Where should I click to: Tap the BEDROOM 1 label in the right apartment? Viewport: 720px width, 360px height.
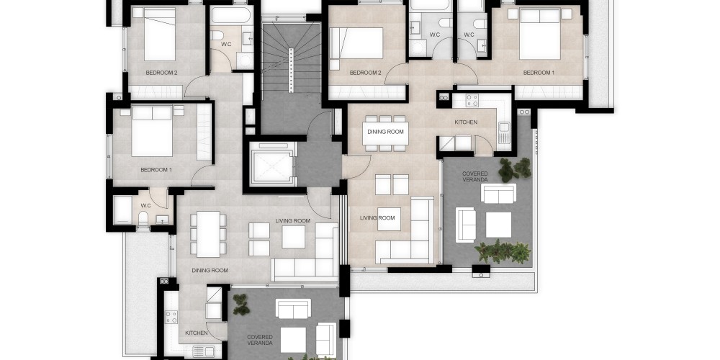(539, 73)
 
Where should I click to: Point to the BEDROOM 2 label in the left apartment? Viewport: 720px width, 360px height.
(161, 73)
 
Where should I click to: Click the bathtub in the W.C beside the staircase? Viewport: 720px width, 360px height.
(231, 14)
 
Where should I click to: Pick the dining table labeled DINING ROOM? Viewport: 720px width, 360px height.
(385, 131)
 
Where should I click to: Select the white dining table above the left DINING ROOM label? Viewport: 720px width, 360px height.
(208, 234)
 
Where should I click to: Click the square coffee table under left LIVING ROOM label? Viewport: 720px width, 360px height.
(294, 237)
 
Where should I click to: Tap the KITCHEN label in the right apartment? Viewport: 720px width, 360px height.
(466, 122)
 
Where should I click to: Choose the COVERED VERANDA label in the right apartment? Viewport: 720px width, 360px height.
(474, 176)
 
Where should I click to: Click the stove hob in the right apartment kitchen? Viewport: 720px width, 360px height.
(472, 100)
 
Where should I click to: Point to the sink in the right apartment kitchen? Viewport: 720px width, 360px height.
(504, 132)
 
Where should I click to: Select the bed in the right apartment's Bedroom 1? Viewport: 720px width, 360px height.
(539, 34)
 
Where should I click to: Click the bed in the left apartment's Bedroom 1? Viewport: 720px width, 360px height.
(151, 131)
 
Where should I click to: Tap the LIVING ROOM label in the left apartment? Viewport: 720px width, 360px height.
(292, 221)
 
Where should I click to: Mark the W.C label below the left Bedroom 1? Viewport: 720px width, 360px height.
(145, 205)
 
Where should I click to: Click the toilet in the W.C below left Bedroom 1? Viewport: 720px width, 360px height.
(143, 219)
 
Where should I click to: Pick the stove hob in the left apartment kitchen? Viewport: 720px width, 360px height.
(171, 317)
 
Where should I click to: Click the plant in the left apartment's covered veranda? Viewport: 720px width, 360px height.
(241, 305)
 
